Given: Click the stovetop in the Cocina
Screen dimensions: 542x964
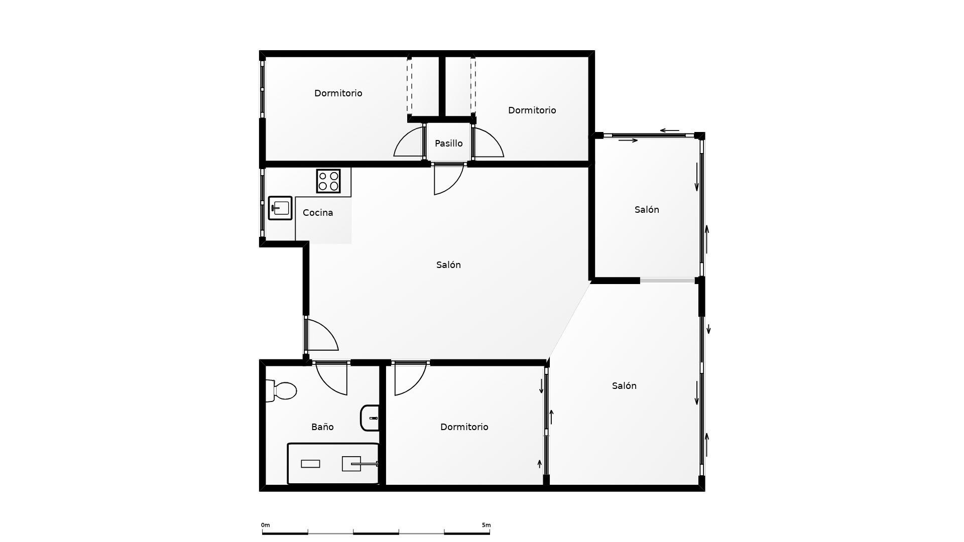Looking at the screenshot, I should pyautogui.click(x=328, y=181).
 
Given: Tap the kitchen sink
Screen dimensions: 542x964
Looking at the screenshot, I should pyautogui.click(x=280, y=208).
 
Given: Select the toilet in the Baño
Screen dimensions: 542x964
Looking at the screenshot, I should pyautogui.click(x=283, y=390).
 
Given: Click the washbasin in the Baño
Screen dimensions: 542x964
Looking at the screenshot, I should pyautogui.click(x=371, y=418).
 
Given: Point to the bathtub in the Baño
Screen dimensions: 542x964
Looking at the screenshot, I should pyautogui.click(x=333, y=464).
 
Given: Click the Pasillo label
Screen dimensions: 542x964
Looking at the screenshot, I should pyautogui.click(x=448, y=144).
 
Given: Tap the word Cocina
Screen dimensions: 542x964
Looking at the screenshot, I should pyautogui.click(x=318, y=213).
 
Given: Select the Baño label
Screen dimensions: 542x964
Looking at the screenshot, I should pyautogui.click(x=322, y=427).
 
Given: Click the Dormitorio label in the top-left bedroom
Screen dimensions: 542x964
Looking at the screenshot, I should pyautogui.click(x=338, y=93).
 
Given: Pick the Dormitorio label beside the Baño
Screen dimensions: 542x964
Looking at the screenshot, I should pyautogui.click(x=464, y=427).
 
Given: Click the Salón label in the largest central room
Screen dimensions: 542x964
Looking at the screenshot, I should pyautogui.click(x=448, y=265).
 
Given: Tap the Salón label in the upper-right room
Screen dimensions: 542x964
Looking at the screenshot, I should pyautogui.click(x=647, y=210).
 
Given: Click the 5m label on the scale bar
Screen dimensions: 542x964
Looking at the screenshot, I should pyautogui.click(x=486, y=525).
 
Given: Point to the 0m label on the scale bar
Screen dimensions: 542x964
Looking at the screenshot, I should pyautogui.click(x=265, y=525).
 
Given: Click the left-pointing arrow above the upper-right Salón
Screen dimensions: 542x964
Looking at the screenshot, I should pyautogui.click(x=669, y=130).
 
